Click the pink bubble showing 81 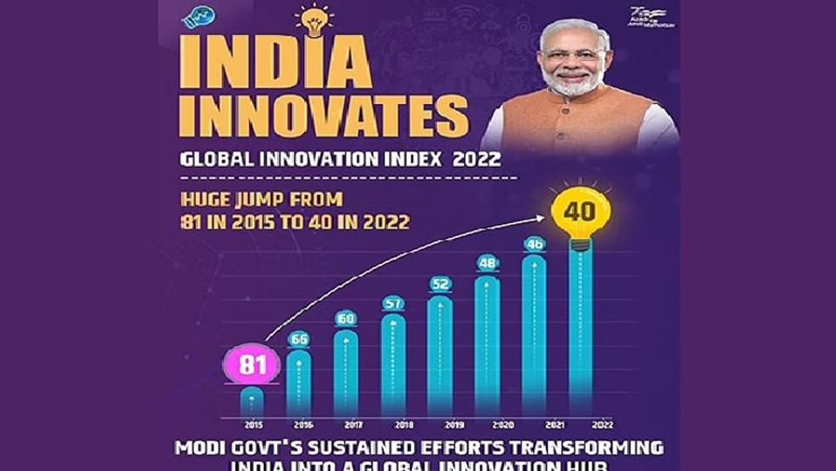point(251,364)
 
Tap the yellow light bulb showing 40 point(580,212)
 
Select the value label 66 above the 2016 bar point(299,340)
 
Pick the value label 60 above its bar point(346,319)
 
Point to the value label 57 point(393,304)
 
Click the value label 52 point(440,284)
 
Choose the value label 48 point(487,262)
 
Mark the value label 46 point(534,244)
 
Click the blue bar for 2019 point(440,357)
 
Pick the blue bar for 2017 point(346,373)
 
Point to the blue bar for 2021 point(534,334)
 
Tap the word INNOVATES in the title point(325,117)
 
